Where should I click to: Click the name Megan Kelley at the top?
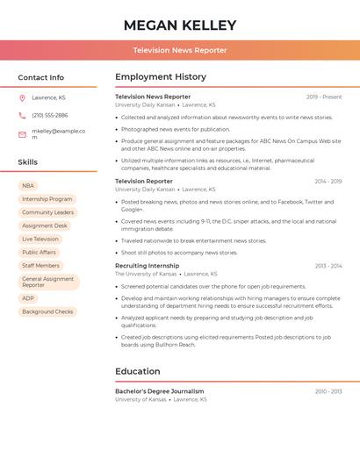click(180, 25)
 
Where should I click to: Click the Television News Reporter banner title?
click(180, 50)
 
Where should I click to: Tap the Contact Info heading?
click(41, 77)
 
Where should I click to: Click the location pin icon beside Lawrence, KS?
click(22, 97)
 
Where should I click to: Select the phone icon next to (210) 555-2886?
click(22, 115)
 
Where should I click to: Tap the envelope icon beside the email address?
click(22, 133)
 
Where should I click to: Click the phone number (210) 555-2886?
click(49, 115)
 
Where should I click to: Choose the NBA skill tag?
click(28, 186)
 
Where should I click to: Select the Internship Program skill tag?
click(47, 199)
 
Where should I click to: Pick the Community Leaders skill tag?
click(47, 212)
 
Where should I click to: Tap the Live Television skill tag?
click(40, 239)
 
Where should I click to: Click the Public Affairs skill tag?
click(39, 252)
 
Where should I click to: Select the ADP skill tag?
click(28, 298)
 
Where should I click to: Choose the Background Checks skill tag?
click(47, 311)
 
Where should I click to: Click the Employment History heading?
click(161, 77)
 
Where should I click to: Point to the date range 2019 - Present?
click(324, 97)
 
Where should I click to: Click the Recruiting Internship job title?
click(147, 265)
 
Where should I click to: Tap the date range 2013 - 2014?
click(328, 265)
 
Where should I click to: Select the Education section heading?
click(138, 371)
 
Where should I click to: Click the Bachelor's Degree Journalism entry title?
click(160, 391)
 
